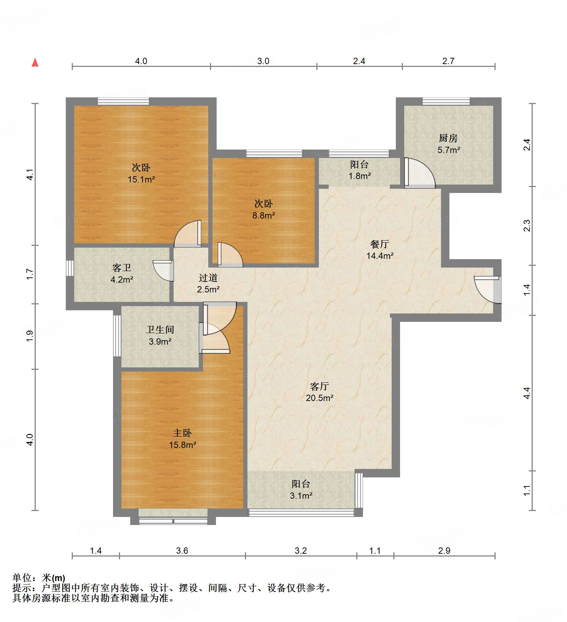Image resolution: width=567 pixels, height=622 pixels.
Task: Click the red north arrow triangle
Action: point(35,62)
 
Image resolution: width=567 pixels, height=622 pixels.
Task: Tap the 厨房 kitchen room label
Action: point(448,138)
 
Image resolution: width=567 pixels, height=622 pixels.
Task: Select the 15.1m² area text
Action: point(141,179)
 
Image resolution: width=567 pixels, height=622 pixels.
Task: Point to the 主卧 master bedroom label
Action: point(182,433)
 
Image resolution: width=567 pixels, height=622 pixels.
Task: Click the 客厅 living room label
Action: point(319,386)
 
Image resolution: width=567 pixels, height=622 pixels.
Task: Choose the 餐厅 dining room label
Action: point(380,244)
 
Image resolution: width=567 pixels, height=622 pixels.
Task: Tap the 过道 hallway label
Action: point(208,278)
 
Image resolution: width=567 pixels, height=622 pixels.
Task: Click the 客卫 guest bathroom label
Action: point(122,268)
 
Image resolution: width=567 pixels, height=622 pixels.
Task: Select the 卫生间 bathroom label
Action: point(160,330)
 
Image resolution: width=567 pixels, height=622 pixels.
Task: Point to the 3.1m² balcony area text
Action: point(301,496)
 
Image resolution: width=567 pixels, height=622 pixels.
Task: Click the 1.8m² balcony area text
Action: point(359,176)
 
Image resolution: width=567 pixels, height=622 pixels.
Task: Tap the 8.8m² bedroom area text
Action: point(264,215)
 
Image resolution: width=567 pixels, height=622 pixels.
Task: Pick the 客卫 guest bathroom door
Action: point(163,271)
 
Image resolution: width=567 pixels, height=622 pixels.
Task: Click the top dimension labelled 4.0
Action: point(141,61)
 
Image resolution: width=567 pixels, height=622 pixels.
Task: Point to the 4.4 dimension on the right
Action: point(527,393)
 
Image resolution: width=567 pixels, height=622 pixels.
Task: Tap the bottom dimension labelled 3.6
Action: point(182,551)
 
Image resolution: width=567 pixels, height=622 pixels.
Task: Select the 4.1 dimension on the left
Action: point(30,174)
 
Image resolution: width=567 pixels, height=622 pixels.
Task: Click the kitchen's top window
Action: point(446,101)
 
